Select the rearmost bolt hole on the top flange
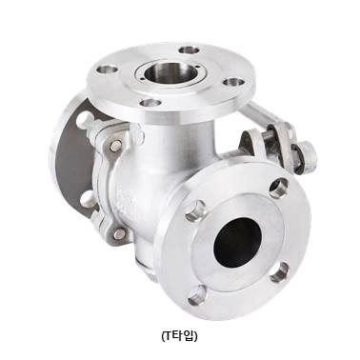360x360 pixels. click(x=190, y=50)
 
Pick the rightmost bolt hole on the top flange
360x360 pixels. click(x=233, y=82)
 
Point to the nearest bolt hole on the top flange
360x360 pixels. click(x=150, y=103)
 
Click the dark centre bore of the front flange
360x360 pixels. click(x=238, y=242)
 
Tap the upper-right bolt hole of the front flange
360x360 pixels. click(x=278, y=189)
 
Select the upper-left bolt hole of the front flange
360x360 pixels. click(x=195, y=210)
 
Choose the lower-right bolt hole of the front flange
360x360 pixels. click(x=279, y=272)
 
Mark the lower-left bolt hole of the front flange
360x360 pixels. click(x=197, y=295)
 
